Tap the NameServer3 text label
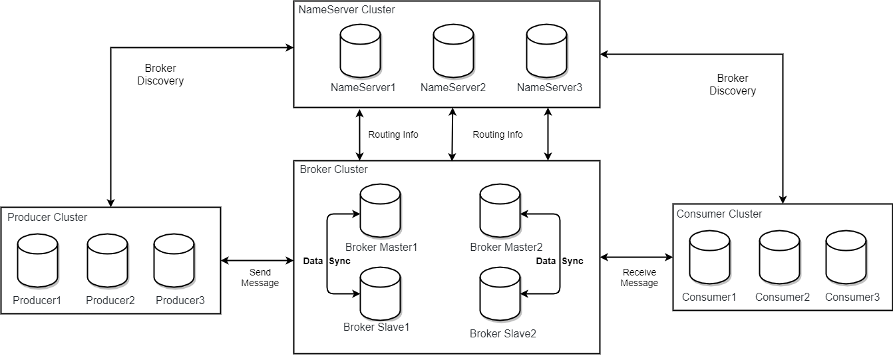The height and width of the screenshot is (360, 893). point(549,87)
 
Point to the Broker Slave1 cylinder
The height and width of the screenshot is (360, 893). point(380,293)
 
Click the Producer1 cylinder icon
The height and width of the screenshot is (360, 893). point(37,260)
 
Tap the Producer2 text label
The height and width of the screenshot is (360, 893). point(110,300)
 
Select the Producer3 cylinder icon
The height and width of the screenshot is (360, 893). point(174,260)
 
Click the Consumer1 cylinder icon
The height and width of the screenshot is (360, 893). point(709,258)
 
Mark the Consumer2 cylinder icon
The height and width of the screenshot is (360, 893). point(779,258)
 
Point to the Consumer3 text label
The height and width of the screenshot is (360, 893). point(852,297)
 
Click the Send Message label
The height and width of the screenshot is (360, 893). point(260,277)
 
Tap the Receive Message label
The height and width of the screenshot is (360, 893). point(639,277)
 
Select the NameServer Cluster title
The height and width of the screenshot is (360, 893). point(347,10)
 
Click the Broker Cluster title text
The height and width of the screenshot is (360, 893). point(333,169)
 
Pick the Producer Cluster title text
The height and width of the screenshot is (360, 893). point(47,217)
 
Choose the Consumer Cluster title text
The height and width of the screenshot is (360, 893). point(719,214)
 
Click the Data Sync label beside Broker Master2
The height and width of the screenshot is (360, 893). point(560,261)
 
